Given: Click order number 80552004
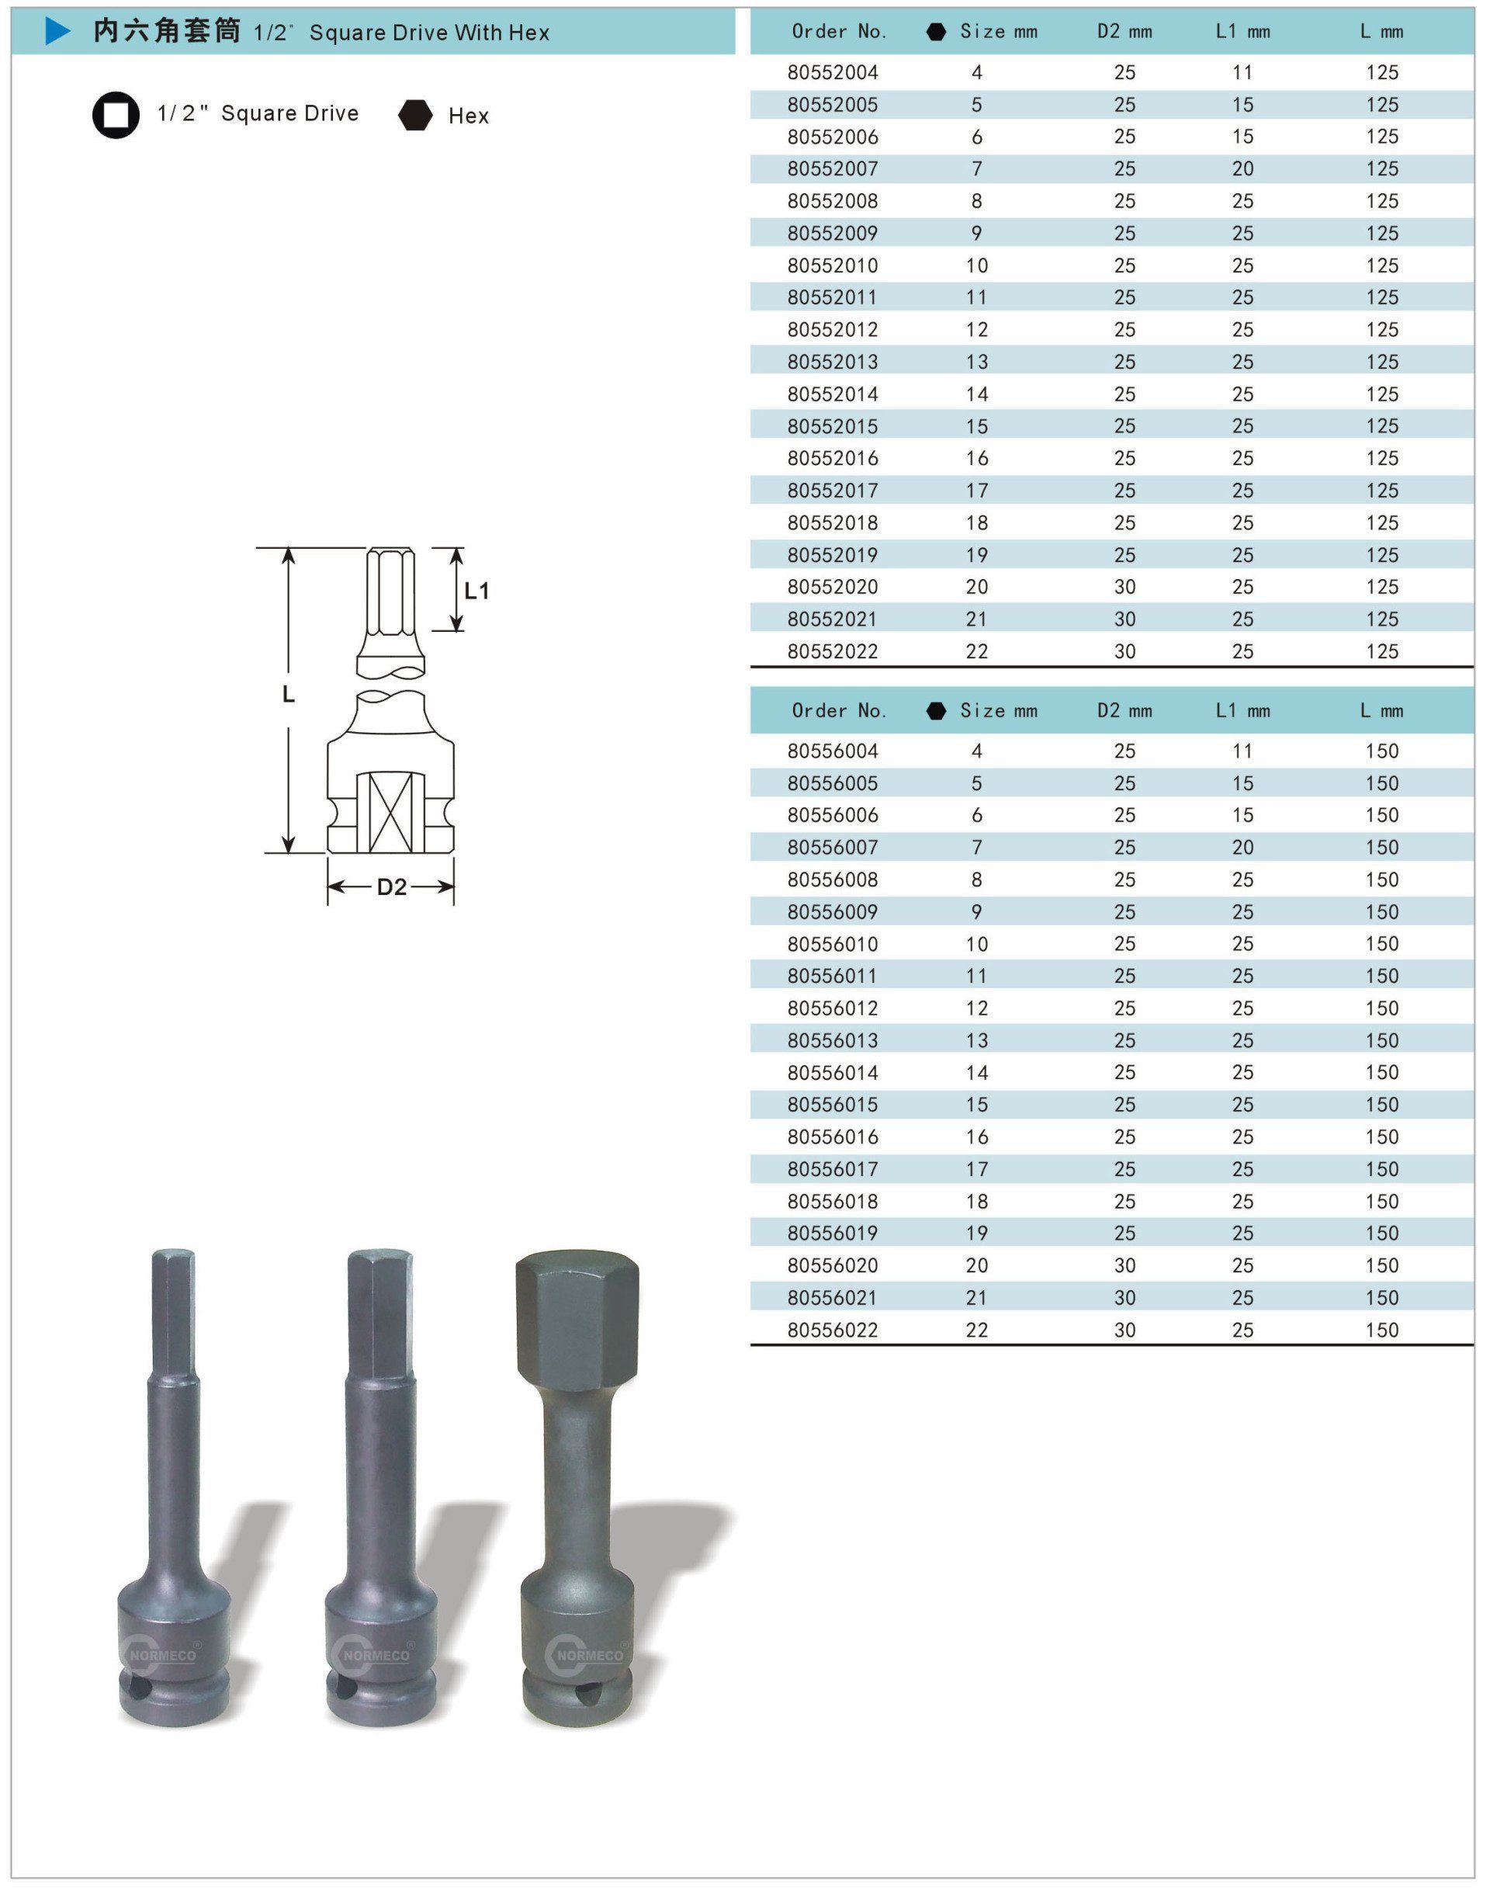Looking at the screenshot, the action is tap(832, 72).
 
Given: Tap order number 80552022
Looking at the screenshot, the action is tap(832, 652).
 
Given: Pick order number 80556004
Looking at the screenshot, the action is tap(832, 751).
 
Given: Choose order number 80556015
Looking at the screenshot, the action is tap(832, 1105).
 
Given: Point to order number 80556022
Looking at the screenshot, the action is tap(832, 1330).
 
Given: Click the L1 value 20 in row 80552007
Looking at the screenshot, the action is tap(1242, 169).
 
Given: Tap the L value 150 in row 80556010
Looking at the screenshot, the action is tap(1382, 944).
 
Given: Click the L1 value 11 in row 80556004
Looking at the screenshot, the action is tap(1242, 751).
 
